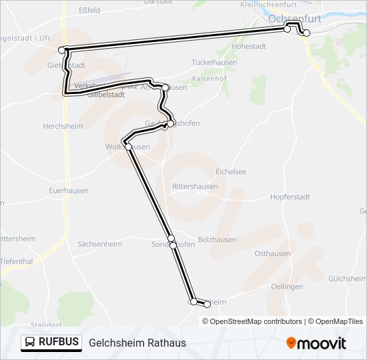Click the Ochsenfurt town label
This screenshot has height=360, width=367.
pyautogui.click(x=294, y=19)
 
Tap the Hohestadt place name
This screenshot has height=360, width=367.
pyautogui.click(x=250, y=47)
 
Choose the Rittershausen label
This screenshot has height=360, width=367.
pyautogui.click(x=195, y=187)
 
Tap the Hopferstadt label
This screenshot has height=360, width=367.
pyautogui.click(x=290, y=197)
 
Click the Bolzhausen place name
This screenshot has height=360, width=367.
pyautogui.click(x=218, y=240)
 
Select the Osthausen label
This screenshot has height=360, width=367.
pyautogui.click(x=272, y=254)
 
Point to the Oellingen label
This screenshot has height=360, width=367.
pyautogui.click(x=287, y=287)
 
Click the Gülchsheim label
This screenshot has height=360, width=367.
pyautogui.click(x=347, y=277)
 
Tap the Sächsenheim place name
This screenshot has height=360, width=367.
pyautogui.click(x=99, y=244)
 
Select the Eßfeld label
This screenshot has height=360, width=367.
pyautogui.click(x=89, y=11)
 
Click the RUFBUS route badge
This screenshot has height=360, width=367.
pyautogui.click(x=51, y=343)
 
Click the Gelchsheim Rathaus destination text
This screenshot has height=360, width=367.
pyautogui.click(x=137, y=343)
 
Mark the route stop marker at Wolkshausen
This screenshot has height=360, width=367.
pyautogui.click(x=128, y=147)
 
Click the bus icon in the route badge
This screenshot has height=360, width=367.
pyautogui.click(x=31, y=343)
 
